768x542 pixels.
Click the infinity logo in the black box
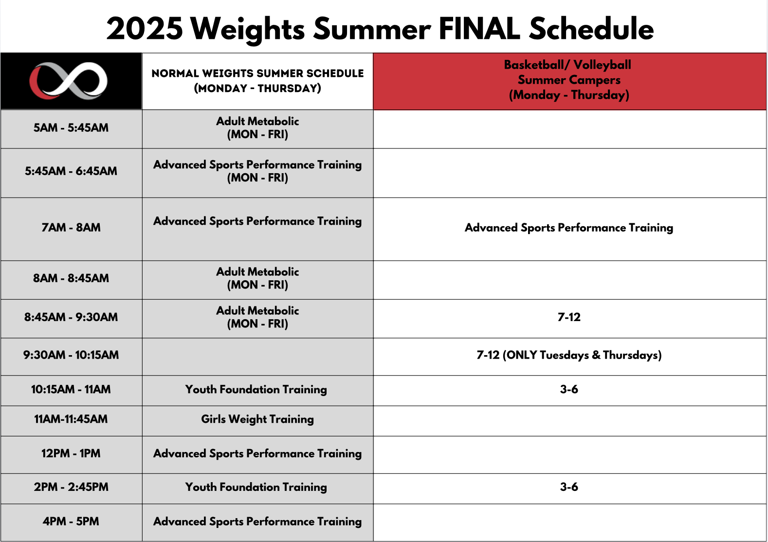point(68,81)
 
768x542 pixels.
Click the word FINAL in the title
point(479,29)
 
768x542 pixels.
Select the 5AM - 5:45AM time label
point(71,127)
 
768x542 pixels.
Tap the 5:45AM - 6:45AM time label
point(71,171)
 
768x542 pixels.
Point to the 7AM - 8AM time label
point(71,227)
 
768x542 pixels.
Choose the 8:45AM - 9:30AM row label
point(71,317)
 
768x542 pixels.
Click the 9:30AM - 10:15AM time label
point(71,355)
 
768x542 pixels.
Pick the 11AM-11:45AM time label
point(71,418)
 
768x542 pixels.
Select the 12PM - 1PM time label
point(71,453)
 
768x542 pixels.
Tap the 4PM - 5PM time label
point(71,521)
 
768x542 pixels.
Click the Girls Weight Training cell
point(257,419)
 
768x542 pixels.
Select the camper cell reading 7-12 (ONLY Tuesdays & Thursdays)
point(569,355)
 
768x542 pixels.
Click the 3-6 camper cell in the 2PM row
point(569,487)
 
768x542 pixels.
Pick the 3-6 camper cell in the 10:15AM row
point(569,389)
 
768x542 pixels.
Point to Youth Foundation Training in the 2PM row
point(256,487)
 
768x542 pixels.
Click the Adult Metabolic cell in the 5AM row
point(257,127)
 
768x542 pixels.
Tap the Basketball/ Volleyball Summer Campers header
point(569,80)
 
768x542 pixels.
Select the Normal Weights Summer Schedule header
point(257,81)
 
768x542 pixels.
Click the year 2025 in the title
point(145,29)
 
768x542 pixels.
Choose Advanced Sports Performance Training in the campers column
point(569,228)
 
